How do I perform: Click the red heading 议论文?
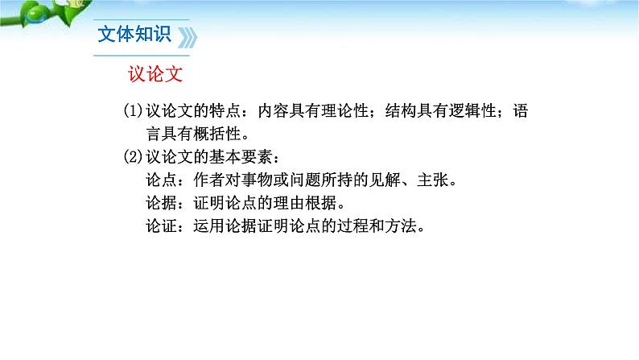pos(156,75)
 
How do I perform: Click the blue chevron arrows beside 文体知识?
pos(187,38)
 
